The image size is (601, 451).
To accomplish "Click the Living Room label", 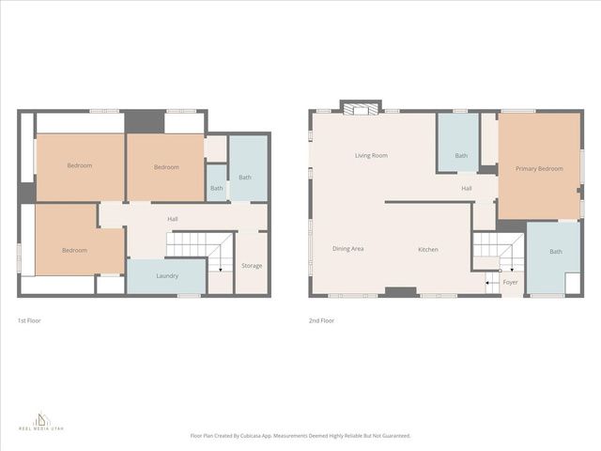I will pyautogui.click(x=371, y=155).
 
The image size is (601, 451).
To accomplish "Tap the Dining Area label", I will pyautogui.click(x=347, y=249).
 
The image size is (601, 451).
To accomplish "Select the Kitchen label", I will pyautogui.click(x=428, y=249).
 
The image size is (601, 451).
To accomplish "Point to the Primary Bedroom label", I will pyautogui.click(x=539, y=168).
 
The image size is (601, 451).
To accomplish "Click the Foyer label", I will pyautogui.click(x=510, y=282).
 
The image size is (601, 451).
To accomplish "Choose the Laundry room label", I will pyautogui.click(x=167, y=275).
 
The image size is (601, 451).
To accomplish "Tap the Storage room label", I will pyautogui.click(x=251, y=265).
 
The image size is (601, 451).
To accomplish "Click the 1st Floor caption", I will pyautogui.click(x=29, y=320).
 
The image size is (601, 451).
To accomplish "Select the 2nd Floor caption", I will pyautogui.click(x=322, y=320).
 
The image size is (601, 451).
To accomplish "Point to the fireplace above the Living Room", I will pyautogui.click(x=361, y=108).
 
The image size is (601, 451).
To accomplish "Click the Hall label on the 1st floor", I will pyautogui.click(x=173, y=219).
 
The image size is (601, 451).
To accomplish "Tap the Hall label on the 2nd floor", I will pyautogui.click(x=467, y=188).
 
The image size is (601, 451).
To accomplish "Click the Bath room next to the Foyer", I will pyautogui.click(x=555, y=251).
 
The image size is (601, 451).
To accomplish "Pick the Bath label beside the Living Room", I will pyautogui.click(x=461, y=155).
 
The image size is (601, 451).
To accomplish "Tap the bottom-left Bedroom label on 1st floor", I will pyautogui.click(x=75, y=250).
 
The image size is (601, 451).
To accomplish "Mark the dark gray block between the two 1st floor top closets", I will pyautogui.click(x=145, y=121).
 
